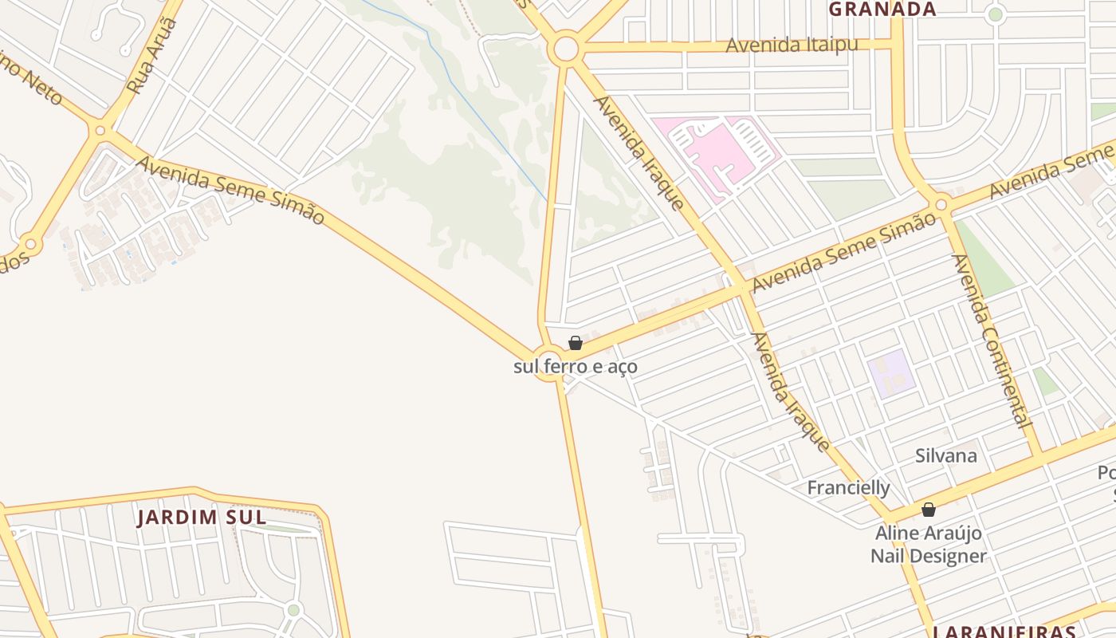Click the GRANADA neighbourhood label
click(x=882, y=10)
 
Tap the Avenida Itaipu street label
click(x=792, y=45)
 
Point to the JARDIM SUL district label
click(x=201, y=517)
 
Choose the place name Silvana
click(x=945, y=456)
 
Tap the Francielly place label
click(x=848, y=487)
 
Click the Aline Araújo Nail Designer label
click(x=928, y=545)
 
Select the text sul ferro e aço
click(x=575, y=367)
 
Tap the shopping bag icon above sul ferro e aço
click(x=575, y=343)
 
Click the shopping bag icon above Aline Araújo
click(x=928, y=509)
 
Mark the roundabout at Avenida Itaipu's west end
click(x=565, y=49)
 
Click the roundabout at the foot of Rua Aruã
click(x=100, y=129)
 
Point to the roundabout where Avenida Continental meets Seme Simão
click(x=941, y=205)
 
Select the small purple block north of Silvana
click(x=890, y=373)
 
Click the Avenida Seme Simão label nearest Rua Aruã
click(x=231, y=190)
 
